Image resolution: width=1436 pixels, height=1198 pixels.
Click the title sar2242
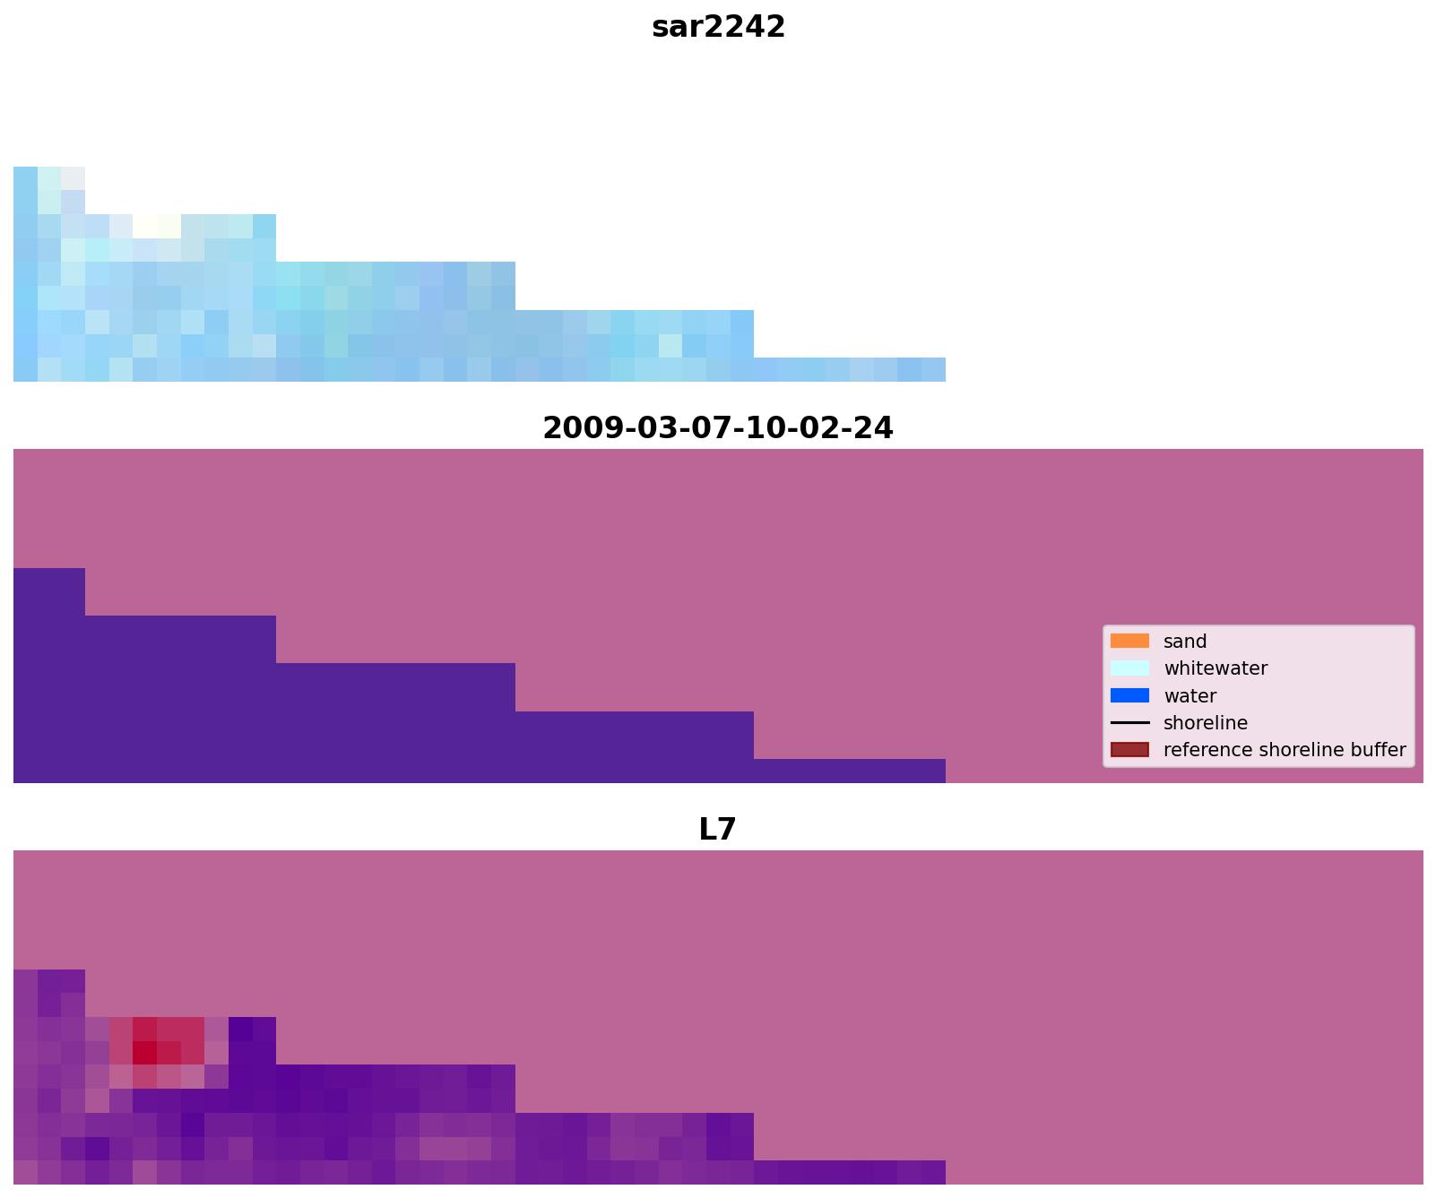718,27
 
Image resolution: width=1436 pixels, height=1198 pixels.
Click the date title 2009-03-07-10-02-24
718,427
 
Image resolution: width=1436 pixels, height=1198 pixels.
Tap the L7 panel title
717,829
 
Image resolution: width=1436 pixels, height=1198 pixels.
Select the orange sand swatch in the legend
1129,641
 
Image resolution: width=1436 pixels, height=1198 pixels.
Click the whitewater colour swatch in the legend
1129,668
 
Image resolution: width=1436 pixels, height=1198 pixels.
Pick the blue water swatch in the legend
1129,695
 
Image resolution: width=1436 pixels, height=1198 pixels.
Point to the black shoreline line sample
1129,722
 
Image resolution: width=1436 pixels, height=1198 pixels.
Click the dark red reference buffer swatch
1129,749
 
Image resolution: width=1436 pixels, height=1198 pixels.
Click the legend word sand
1184,642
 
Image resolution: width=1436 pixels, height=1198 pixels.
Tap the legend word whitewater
1215,668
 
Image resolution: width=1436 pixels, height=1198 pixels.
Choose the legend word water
1189,696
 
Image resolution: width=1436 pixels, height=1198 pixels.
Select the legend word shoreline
1205,723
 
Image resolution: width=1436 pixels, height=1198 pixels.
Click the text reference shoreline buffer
1284,750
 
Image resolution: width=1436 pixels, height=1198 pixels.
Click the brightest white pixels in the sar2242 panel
157,226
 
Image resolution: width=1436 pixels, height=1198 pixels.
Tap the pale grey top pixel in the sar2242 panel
73,178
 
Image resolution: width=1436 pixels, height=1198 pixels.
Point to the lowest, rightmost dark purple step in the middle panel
849,771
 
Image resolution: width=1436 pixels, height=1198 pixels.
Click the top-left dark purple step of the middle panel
49,591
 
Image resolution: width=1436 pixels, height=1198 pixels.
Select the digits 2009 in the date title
575,427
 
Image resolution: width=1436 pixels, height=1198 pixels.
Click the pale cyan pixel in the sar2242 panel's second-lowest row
670,346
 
